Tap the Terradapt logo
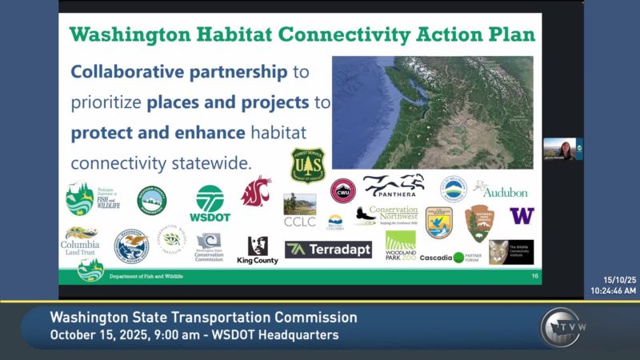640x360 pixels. tap(328, 250)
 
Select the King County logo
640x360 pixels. tap(257, 250)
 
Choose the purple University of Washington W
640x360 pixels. tap(522, 216)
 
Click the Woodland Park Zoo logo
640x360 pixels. tap(401, 246)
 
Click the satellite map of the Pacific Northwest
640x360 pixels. tap(432, 112)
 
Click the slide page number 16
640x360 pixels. tap(535, 276)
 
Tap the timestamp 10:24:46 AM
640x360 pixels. tap(614, 291)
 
